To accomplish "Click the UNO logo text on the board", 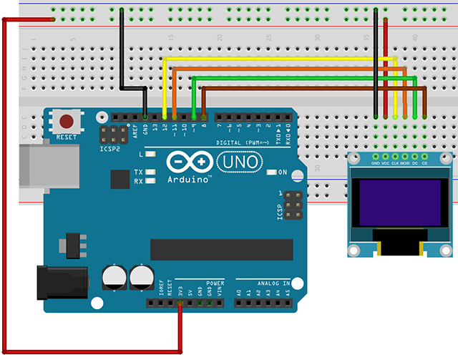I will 235,163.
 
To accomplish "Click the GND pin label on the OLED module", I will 375,164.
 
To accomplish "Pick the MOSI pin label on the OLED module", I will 404,164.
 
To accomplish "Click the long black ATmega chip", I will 221,249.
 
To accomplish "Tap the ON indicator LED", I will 271,172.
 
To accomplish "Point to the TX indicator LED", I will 150,172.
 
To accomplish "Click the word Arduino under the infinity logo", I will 189,180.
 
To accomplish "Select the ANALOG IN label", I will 263,283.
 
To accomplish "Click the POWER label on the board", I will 215,283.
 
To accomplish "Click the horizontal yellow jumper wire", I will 279,59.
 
